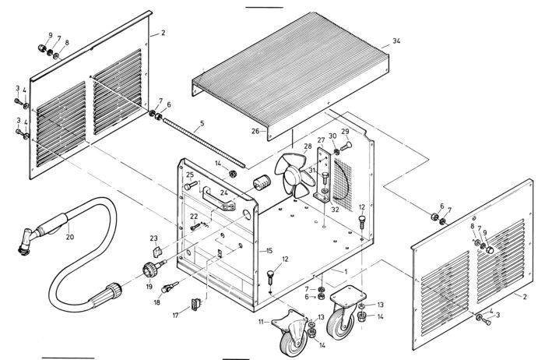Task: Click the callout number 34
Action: pos(396,40)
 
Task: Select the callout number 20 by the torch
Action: pos(69,238)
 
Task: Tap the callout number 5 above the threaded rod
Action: pos(202,123)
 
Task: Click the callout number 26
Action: pos(255,131)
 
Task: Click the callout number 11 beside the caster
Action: pos(262,322)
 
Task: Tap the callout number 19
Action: pos(149,286)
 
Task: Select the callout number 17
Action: pos(176,316)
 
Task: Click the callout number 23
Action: pos(154,238)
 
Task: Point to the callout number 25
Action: pos(189,176)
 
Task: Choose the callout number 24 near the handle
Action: pos(223,192)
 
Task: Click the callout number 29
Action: pos(345,132)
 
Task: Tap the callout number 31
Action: pos(311,171)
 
